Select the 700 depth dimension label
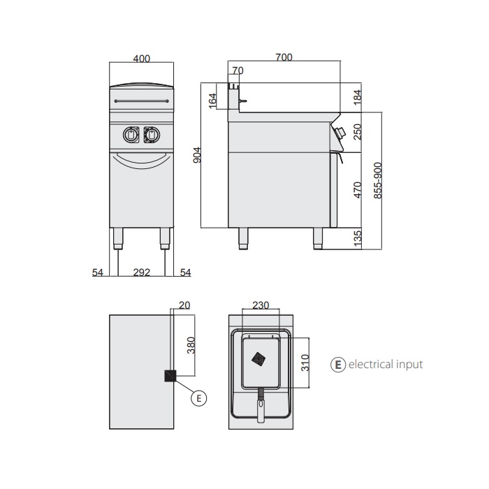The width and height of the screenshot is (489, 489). (x=284, y=57)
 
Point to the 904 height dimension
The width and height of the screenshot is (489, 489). (x=197, y=155)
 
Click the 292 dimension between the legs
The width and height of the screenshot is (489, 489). (x=142, y=273)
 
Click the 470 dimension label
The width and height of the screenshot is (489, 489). (x=358, y=189)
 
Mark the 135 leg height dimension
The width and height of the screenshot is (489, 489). (x=358, y=238)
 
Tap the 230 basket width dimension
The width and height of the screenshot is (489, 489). (x=261, y=305)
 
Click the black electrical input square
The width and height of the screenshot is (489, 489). (x=169, y=376)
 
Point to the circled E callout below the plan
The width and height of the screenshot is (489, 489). (x=199, y=398)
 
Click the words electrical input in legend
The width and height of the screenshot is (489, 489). (x=385, y=364)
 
